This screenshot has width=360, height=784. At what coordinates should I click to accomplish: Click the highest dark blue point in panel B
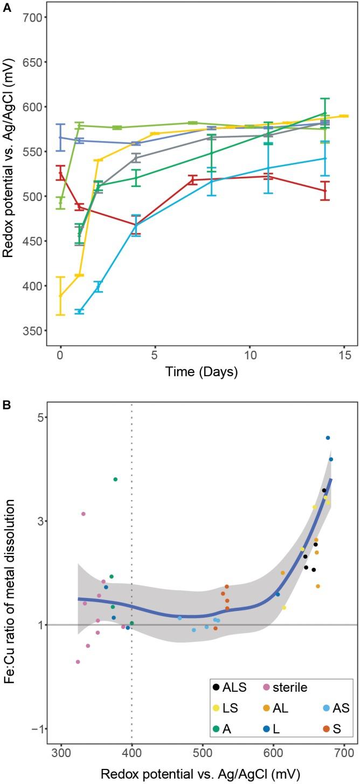click(x=328, y=438)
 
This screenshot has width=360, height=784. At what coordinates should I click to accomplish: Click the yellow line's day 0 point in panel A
click(x=61, y=296)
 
